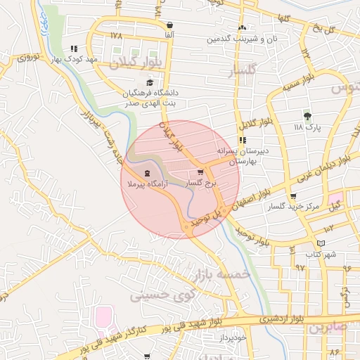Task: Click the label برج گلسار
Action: tap(202, 182)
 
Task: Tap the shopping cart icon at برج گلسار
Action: tap(200, 172)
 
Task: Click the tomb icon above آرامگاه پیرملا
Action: tap(146, 172)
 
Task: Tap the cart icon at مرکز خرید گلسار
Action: tap(293, 197)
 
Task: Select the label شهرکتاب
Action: tap(321, 254)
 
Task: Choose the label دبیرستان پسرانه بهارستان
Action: tap(238, 155)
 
